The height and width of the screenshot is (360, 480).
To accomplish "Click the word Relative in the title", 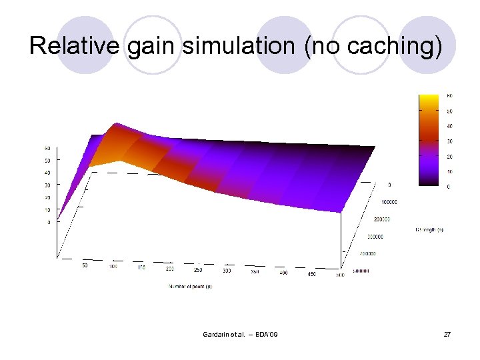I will pos(73,47).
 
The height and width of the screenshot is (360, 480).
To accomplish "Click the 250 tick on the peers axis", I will pos(198,270).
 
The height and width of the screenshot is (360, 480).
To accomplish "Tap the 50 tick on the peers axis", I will pos(85,265).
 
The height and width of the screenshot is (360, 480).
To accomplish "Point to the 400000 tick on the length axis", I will pos(366,253).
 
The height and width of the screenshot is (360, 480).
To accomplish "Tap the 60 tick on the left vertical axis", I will pos(47,148).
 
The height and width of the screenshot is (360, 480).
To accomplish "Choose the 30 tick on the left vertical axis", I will pos(47,185).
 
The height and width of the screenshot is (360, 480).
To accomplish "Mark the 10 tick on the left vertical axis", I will pos(47,210).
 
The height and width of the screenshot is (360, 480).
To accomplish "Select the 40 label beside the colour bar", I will pos(449,126).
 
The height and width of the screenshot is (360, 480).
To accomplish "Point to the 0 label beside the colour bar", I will pos(448,187).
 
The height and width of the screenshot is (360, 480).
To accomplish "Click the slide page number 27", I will pos(447,333).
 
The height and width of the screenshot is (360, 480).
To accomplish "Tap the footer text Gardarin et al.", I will pos(224,333).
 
